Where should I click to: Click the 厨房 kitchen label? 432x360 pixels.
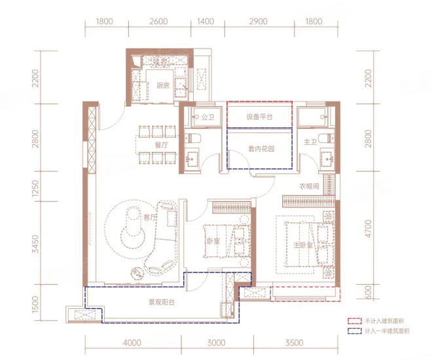coord(163,85)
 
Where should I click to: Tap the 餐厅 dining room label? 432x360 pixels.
coord(162,145)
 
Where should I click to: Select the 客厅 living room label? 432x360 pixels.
coord(150,217)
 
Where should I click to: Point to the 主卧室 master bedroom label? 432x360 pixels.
coord(303,245)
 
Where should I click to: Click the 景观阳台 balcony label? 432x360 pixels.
coord(162,302)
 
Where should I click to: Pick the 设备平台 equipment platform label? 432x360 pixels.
coord(259,117)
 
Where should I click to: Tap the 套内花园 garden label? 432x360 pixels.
coord(261,149)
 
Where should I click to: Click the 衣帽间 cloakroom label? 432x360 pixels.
coord(309,186)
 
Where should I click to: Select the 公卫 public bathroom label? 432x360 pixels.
coord(207,117)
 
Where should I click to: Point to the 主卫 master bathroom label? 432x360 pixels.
coord(310,142)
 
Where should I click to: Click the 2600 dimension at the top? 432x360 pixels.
coord(158,21)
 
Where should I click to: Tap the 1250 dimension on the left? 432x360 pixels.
coord(35,189)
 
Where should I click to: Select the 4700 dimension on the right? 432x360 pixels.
coord(368,229)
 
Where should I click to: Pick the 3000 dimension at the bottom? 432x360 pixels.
coord(217,343)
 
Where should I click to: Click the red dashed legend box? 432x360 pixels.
coord(354,321)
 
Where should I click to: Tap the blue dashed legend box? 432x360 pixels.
coord(354,331)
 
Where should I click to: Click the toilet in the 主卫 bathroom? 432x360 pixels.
coord(326,137)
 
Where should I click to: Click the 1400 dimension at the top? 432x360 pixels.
coord(206,21)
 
